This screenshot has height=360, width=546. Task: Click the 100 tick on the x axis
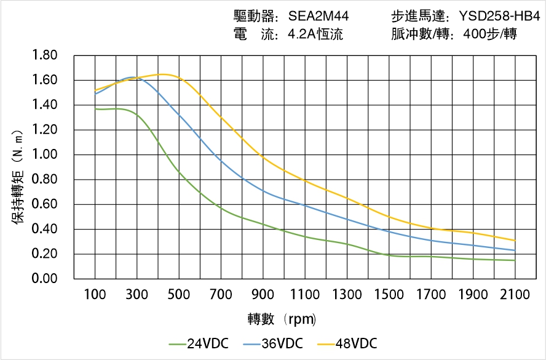tap(95, 294)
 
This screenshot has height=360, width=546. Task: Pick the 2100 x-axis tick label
tap(515, 294)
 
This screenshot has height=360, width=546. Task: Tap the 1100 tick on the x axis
tap(305, 294)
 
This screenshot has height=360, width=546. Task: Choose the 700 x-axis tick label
tap(221, 294)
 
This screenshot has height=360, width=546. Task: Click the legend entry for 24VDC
tap(199, 343)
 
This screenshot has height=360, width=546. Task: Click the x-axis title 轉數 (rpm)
tap(282, 319)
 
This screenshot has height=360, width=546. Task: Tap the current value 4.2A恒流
tap(315, 34)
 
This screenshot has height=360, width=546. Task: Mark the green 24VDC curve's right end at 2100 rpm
tap(515, 260)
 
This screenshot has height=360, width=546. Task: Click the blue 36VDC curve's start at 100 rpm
tap(95, 94)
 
